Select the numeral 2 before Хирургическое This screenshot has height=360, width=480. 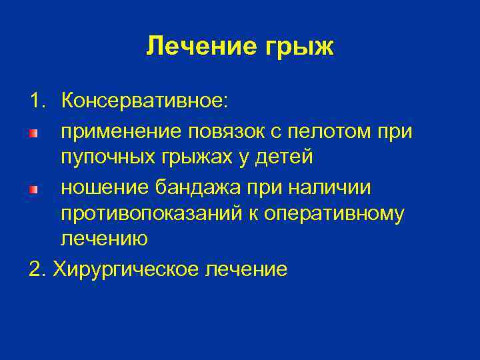34,269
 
